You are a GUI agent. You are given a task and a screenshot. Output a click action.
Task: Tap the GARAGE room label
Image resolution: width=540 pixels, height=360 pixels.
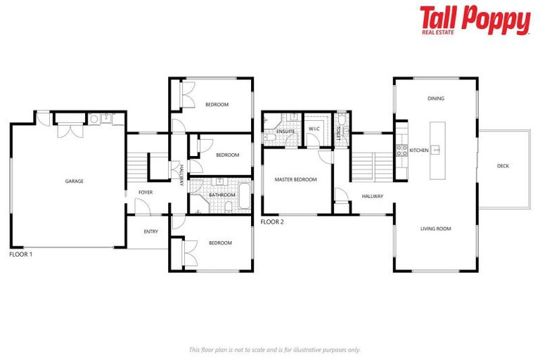(75, 181)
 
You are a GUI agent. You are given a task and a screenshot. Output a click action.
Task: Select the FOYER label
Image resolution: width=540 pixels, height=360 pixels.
(146, 192)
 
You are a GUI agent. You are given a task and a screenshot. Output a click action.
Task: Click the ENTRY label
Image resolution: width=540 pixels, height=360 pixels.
(150, 231)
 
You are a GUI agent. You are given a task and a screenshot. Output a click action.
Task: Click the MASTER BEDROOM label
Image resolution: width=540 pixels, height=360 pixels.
(295, 179)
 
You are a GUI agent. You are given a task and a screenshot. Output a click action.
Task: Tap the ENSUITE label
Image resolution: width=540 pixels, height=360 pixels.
(285, 131)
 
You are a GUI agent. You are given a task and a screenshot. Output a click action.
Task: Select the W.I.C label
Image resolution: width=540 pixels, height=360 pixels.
(314, 129)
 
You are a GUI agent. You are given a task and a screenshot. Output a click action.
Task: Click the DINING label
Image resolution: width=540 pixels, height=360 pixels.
(436, 98)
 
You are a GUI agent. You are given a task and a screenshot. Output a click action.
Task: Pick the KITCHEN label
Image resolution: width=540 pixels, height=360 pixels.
(419, 150)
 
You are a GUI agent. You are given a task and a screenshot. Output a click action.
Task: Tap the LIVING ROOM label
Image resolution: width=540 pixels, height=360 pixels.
(436, 229)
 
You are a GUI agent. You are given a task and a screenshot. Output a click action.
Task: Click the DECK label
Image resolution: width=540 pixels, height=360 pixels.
(503, 166)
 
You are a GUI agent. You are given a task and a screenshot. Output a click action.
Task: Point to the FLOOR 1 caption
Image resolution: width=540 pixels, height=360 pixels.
(21, 254)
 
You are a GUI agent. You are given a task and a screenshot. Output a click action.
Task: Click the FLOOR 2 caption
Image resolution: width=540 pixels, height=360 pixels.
(272, 221)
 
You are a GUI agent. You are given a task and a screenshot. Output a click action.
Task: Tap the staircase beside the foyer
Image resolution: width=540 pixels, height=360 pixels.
(139, 165)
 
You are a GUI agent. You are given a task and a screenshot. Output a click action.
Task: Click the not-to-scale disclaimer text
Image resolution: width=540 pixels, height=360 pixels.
(275, 349)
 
